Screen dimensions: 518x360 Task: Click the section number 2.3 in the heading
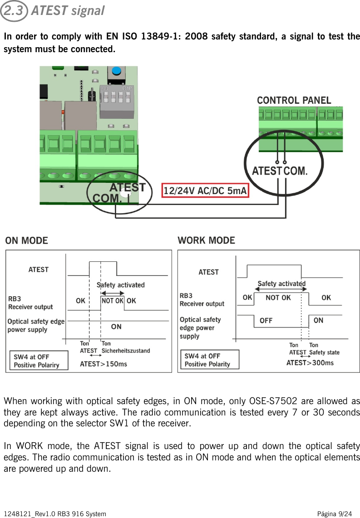point(15,10)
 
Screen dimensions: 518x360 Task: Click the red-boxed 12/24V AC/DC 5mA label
point(205,191)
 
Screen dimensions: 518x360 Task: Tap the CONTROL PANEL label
point(294,100)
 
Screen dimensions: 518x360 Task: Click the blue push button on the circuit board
point(117,72)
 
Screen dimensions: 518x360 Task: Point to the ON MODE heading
point(26,240)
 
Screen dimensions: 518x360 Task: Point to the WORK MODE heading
point(206,240)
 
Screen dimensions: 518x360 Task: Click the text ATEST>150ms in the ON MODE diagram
point(104,364)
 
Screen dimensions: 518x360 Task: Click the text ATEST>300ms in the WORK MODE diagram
point(310,363)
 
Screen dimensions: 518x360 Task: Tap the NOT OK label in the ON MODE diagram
point(112,301)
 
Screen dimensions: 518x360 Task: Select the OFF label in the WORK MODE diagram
point(266,321)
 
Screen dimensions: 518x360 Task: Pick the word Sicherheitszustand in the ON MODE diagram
point(126,351)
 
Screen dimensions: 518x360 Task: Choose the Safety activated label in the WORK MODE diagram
point(281,284)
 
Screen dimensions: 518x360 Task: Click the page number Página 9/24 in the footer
point(334,514)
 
